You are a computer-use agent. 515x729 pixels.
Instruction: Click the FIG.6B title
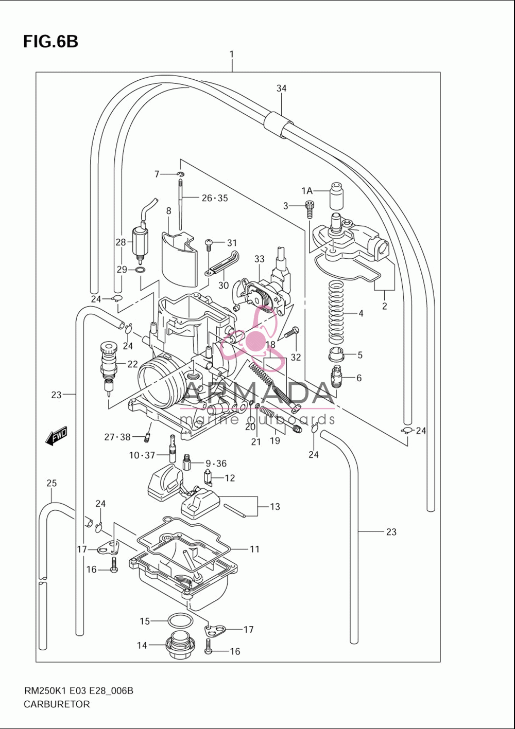(50, 42)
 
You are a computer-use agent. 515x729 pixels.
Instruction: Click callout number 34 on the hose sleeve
(281, 88)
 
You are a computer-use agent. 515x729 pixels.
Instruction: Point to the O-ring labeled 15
(180, 621)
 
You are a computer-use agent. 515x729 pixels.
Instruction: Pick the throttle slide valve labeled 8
(180, 259)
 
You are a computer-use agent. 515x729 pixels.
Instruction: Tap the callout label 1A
(306, 191)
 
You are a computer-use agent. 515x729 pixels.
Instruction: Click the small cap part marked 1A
(336, 195)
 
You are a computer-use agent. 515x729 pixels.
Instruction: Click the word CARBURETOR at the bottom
(57, 704)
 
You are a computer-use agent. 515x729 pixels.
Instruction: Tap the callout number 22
(132, 364)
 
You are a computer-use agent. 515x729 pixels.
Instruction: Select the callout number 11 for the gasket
(254, 549)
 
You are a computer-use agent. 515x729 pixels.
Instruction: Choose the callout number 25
(51, 483)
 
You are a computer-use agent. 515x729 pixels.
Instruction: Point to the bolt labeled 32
(291, 333)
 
